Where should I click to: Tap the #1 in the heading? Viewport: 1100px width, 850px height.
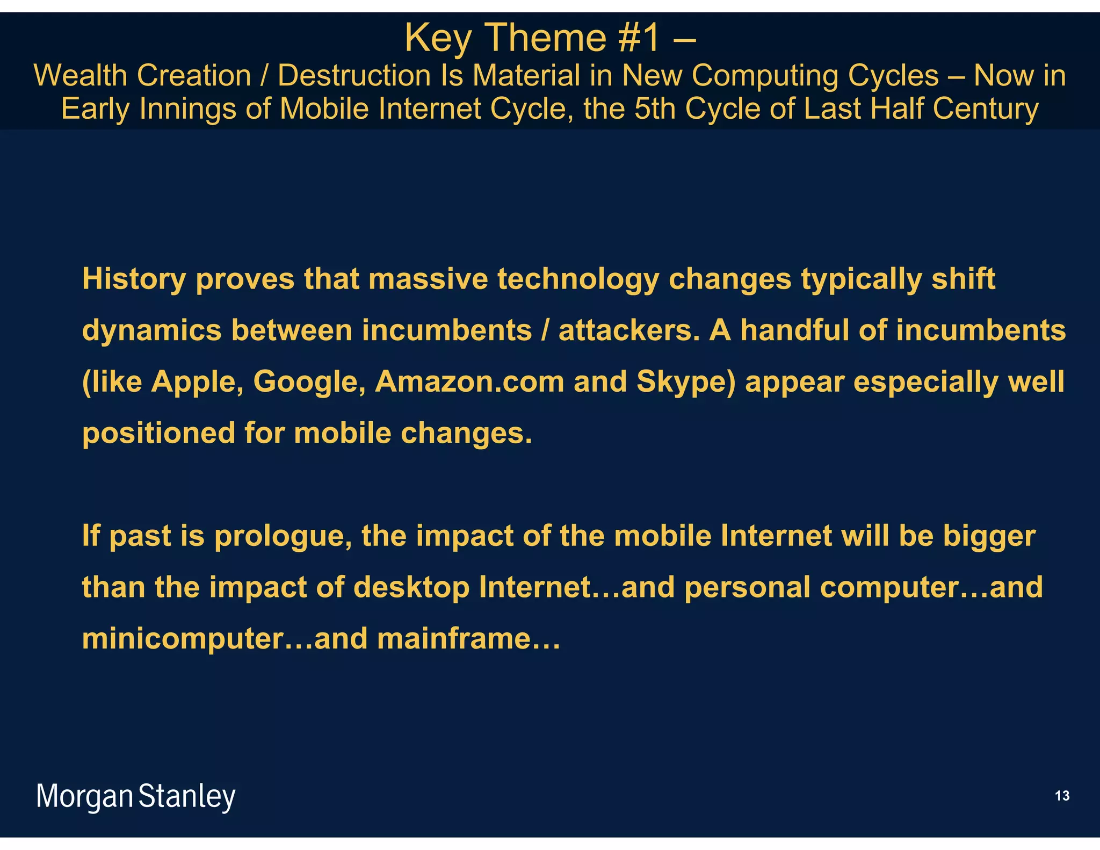[x=639, y=39]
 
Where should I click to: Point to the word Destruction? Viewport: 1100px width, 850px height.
[x=354, y=75]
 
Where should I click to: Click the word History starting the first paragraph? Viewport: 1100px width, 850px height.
[x=134, y=279]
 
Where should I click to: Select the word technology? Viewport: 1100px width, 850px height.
[x=578, y=279]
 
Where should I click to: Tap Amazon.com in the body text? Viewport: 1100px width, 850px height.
[x=469, y=381]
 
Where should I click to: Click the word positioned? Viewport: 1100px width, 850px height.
[x=158, y=433]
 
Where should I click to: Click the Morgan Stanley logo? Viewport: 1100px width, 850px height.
[x=136, y=796]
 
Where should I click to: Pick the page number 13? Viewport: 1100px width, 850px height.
[x=1062, y=796]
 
